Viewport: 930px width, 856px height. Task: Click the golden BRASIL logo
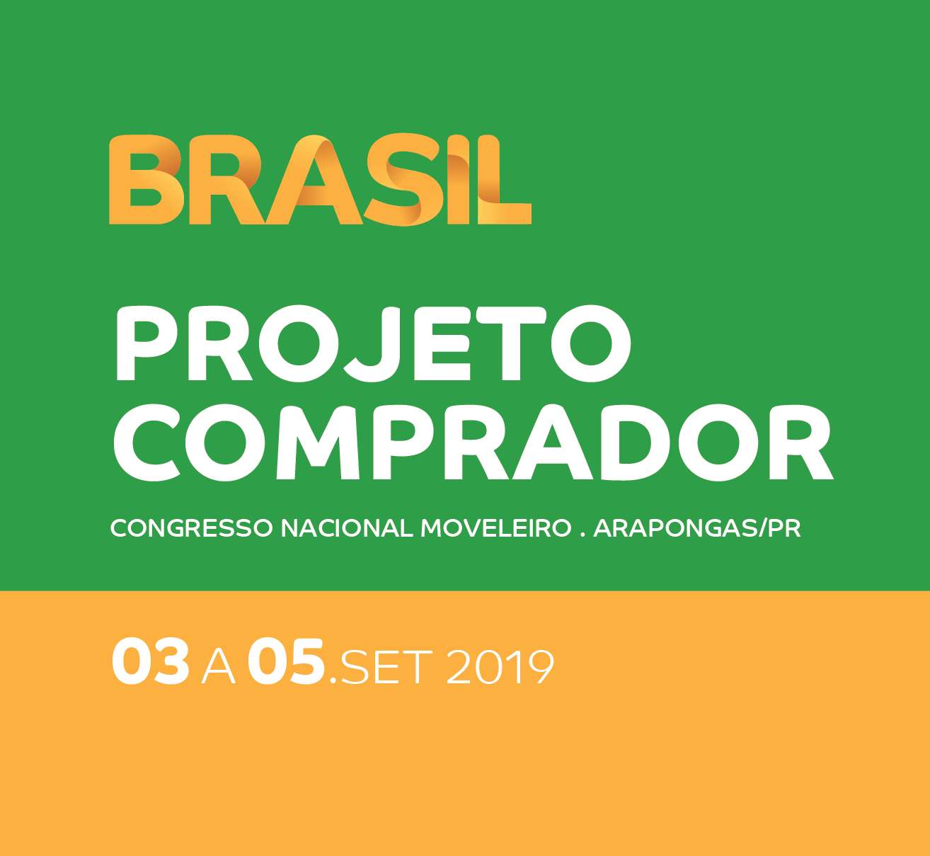click(320, 180)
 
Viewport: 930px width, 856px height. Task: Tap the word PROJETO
click(373, 344)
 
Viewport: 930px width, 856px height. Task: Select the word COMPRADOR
click(473, 443)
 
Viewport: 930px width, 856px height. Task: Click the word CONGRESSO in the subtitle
click(192, 528)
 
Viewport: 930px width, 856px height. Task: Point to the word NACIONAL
click(347, 528)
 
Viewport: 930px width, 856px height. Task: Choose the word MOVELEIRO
click(496, 528)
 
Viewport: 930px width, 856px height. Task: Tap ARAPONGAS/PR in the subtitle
click(697, 528)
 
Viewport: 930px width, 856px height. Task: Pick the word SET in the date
click(386, 667)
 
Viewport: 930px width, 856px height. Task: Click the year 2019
click(500, 667)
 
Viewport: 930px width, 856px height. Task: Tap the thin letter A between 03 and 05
click(219, 667)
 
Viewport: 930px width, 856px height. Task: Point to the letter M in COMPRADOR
click(318, 443)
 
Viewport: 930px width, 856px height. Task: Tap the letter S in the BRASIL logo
click(402, 180)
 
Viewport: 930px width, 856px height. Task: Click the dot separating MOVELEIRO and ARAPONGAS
click(582, 535)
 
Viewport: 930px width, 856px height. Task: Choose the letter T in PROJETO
click(512, 344)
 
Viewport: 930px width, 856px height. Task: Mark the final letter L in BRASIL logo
click(505, 180)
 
